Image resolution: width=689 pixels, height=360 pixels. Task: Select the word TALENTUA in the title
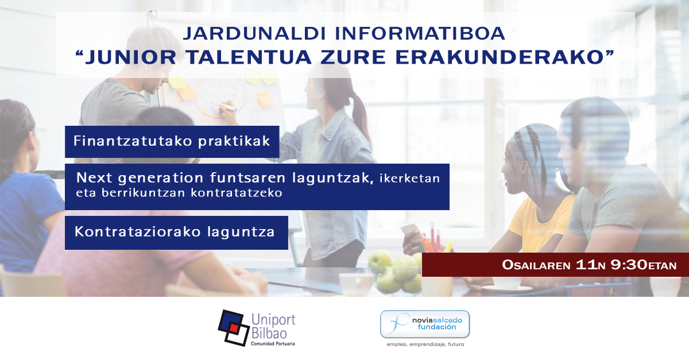249,57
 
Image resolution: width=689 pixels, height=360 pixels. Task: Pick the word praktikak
234,142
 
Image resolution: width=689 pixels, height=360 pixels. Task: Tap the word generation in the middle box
161,178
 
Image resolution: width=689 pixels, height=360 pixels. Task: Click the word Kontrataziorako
138,232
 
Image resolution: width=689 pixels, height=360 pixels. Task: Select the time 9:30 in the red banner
629,265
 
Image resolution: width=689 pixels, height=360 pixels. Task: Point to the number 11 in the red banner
586,265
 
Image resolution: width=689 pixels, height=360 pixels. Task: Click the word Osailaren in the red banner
536,265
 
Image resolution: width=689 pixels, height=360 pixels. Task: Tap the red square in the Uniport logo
234,328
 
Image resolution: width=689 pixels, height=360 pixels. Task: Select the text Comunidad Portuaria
273,343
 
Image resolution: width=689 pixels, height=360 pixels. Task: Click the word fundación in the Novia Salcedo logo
437,327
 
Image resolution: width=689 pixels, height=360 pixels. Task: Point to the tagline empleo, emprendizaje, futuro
425,344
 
